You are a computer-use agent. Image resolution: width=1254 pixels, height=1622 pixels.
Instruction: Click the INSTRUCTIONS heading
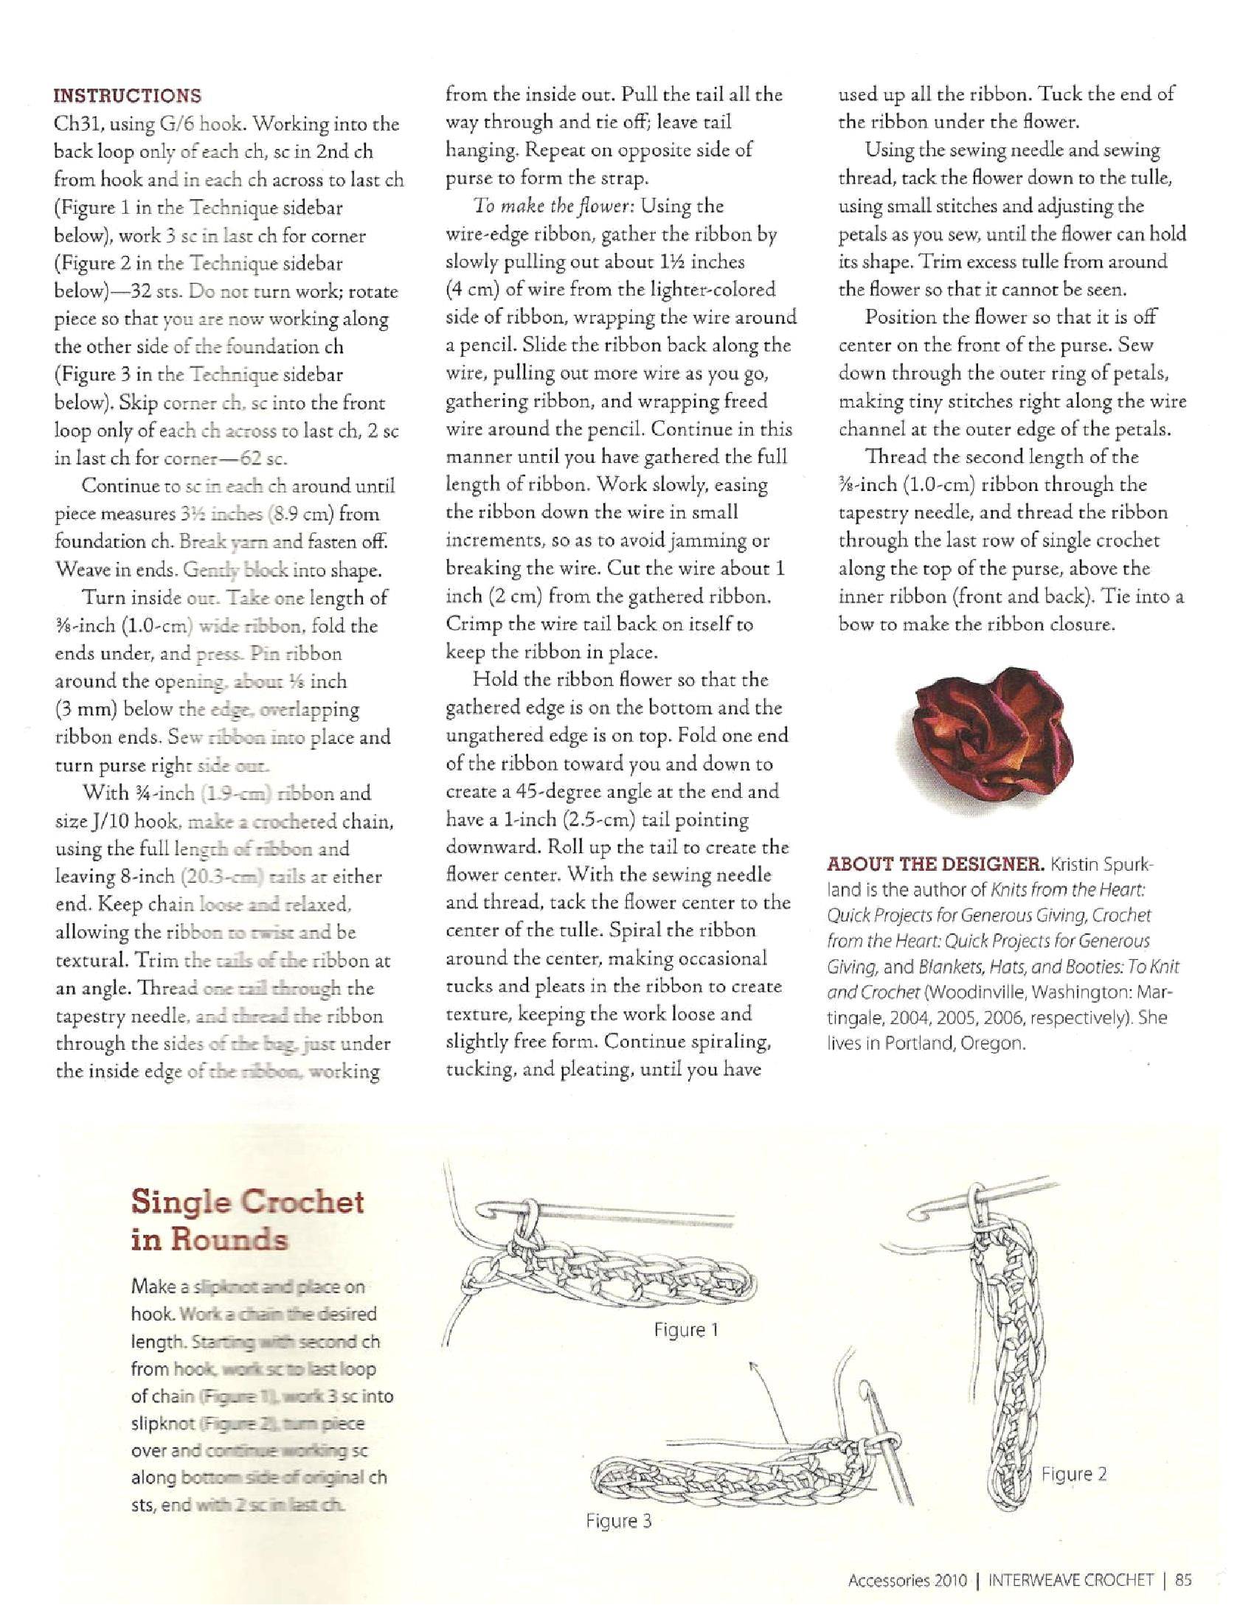127,96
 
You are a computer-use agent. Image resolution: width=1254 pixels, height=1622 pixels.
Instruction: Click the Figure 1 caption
686,1329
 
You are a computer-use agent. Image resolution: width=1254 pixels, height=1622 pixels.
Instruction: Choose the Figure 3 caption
618,1521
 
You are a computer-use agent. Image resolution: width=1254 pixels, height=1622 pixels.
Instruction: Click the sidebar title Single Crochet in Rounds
246,1220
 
